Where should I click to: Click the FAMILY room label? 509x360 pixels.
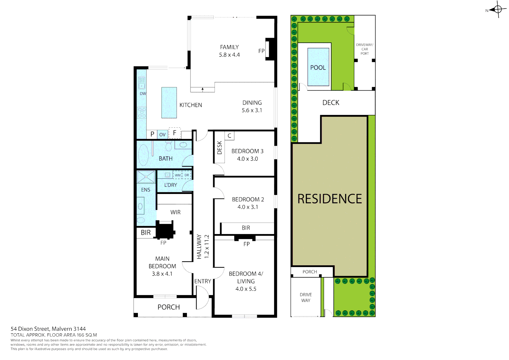point(229,47)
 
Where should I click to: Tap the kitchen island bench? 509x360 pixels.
point(169,103)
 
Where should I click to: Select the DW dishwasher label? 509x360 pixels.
point(143,94)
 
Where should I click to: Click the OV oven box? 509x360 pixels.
point(162,134)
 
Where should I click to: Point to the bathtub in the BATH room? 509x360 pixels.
point(143,155)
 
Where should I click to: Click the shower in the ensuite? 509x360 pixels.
point(146,177)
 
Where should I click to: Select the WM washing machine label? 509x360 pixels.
point(178,175)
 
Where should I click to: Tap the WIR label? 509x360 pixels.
point(175,212)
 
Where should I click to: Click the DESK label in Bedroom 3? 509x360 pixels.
point(219,148)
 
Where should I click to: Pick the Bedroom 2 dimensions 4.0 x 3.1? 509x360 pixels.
point(248,207)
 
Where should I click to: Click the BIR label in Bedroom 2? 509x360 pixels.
point(246,228)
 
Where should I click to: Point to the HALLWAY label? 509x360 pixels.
point(199,246)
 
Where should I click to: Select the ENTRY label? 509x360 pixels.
point(203,281)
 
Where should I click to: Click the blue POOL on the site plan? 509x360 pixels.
point(318,67)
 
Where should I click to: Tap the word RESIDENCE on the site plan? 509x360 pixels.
point(329,199)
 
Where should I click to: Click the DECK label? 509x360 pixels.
point(331,103)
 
